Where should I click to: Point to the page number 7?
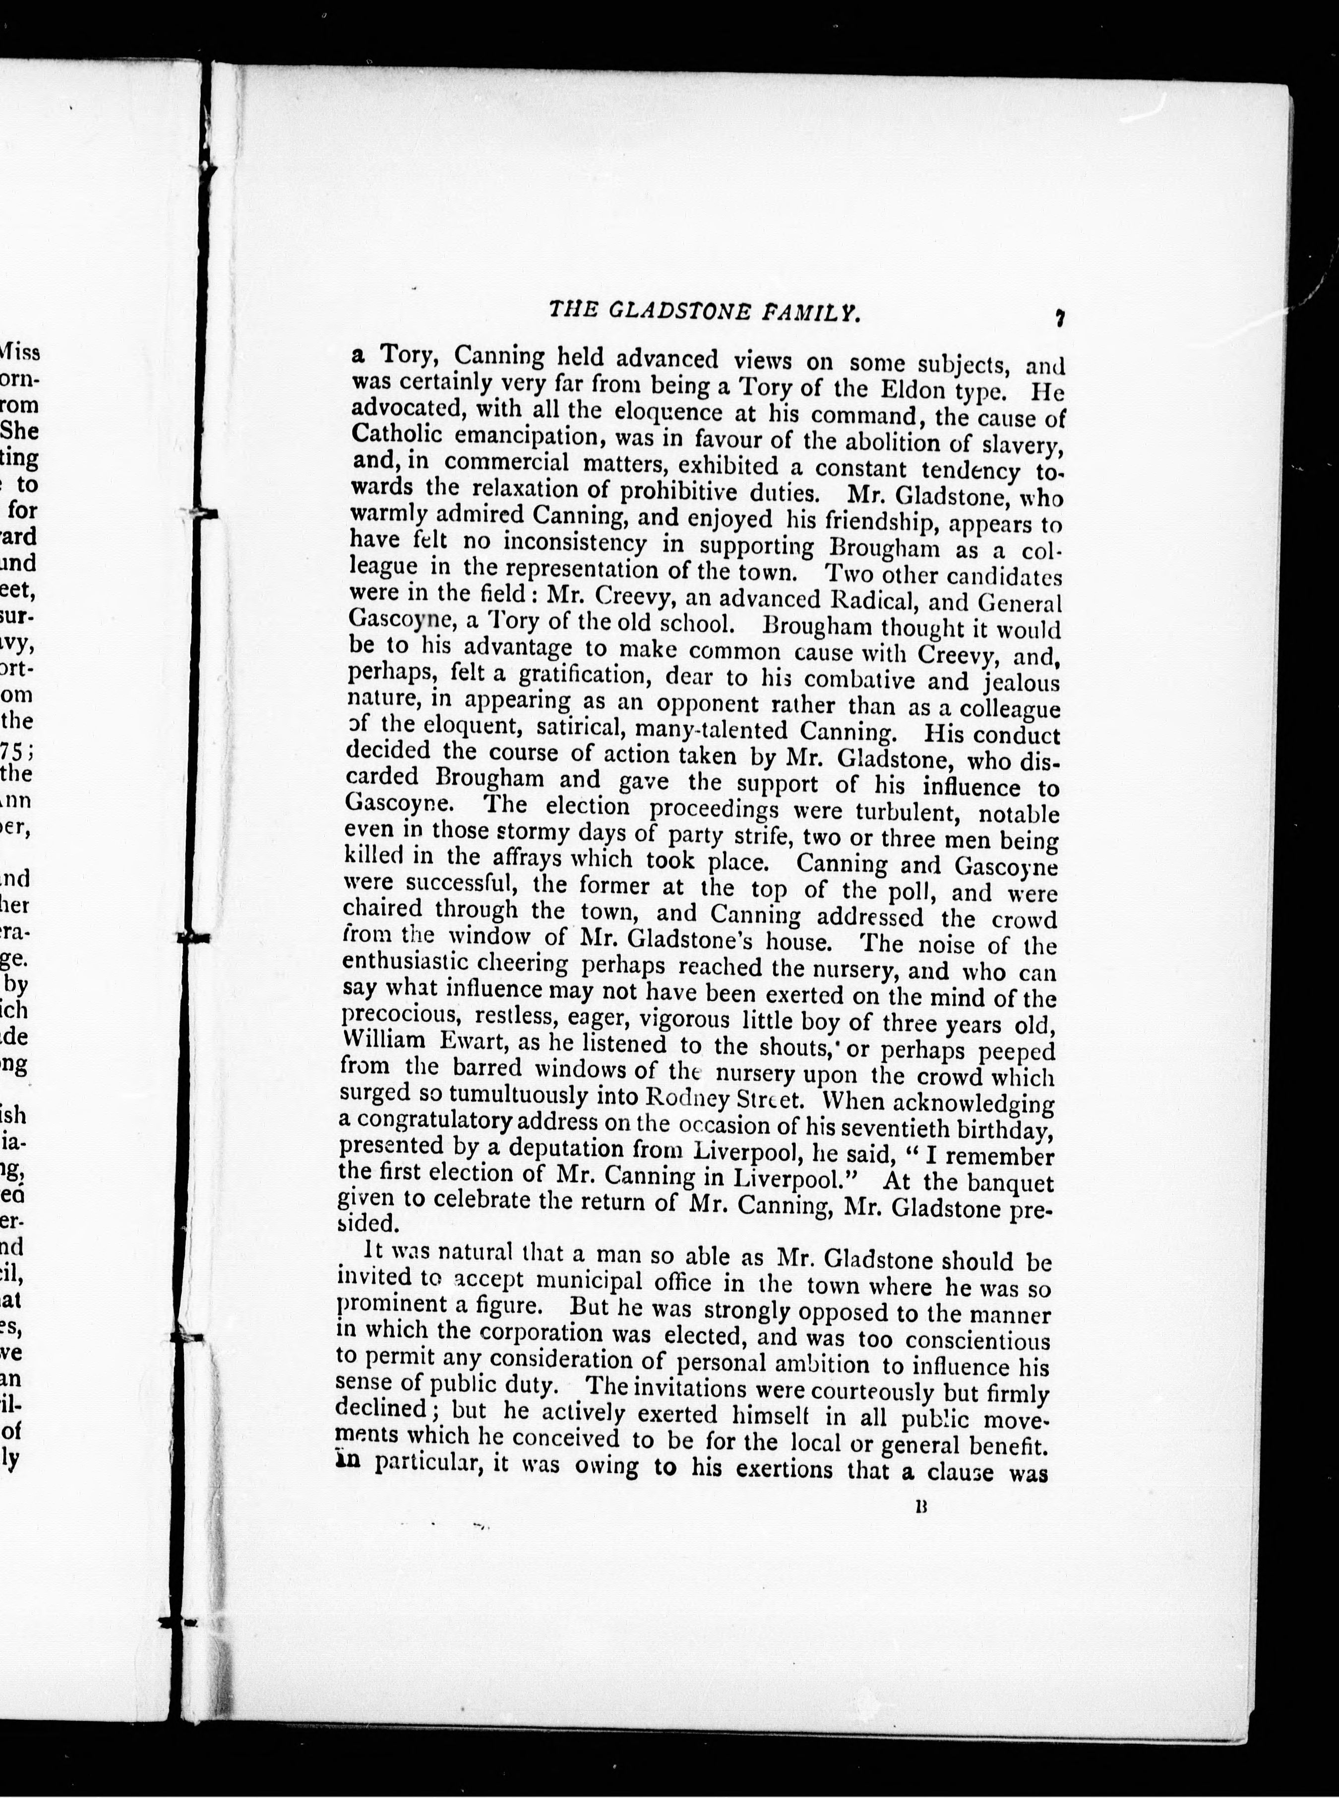[1059, 319]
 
